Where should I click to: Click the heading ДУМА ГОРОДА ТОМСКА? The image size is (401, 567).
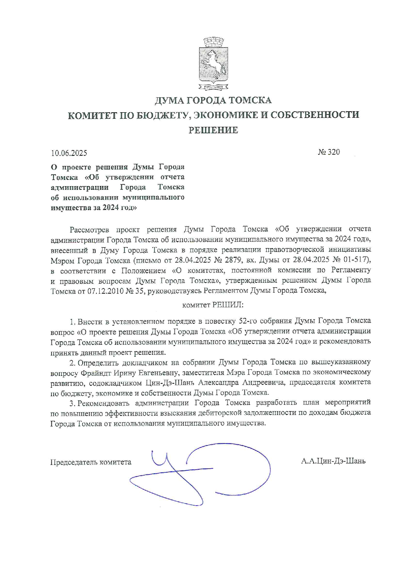[x=213, y=101]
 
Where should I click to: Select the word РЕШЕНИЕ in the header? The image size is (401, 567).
[x=213, y=130]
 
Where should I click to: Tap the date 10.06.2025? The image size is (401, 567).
[x=69, y=153]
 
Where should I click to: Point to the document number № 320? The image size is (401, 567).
[x=329, y=152]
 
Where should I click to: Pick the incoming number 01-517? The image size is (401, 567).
[x=355, y=260]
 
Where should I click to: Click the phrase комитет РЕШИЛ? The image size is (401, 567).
[x=213, y=305]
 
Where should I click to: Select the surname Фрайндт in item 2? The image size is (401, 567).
[x=95, y=373]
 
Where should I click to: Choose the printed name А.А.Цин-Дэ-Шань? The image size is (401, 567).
[x=333, y=461]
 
